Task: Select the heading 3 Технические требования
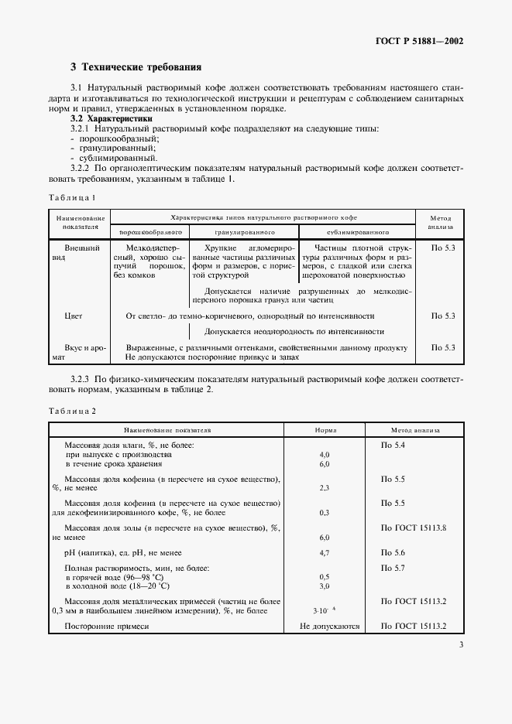tap(136, 68)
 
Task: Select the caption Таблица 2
tap(72, 410)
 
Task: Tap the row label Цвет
tap(74, 316)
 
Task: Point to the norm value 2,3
tap(325, 489)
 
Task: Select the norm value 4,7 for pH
tap(325, 554)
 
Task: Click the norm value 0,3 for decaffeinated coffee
tap(325, 513)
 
